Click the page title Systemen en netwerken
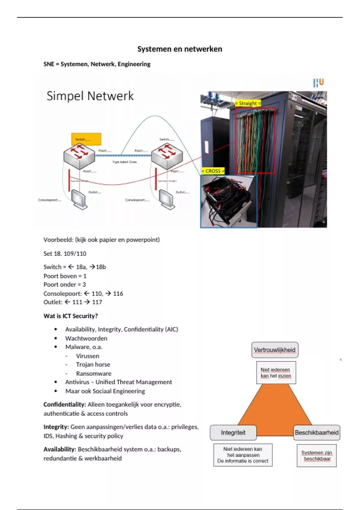click(180, 49)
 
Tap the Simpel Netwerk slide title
click(90, 96)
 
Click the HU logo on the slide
click(318, 82)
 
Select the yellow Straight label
click(247, 103)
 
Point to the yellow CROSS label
click(213, 171)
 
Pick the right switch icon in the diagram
click(167, 155)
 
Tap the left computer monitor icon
click(79, 199)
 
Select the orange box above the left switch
click(86, 139)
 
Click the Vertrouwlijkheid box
click(275, 350)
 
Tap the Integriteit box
click(233, 433)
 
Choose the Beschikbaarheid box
click(316, 433)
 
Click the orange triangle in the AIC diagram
click(274, 411)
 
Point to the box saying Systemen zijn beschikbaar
click(316, 455)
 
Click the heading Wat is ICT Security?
click(70, 316)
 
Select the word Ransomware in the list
click(94, 373)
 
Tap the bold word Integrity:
click(56, 427)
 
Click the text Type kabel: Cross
click(124, 162)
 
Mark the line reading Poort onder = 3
click(64, 284)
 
